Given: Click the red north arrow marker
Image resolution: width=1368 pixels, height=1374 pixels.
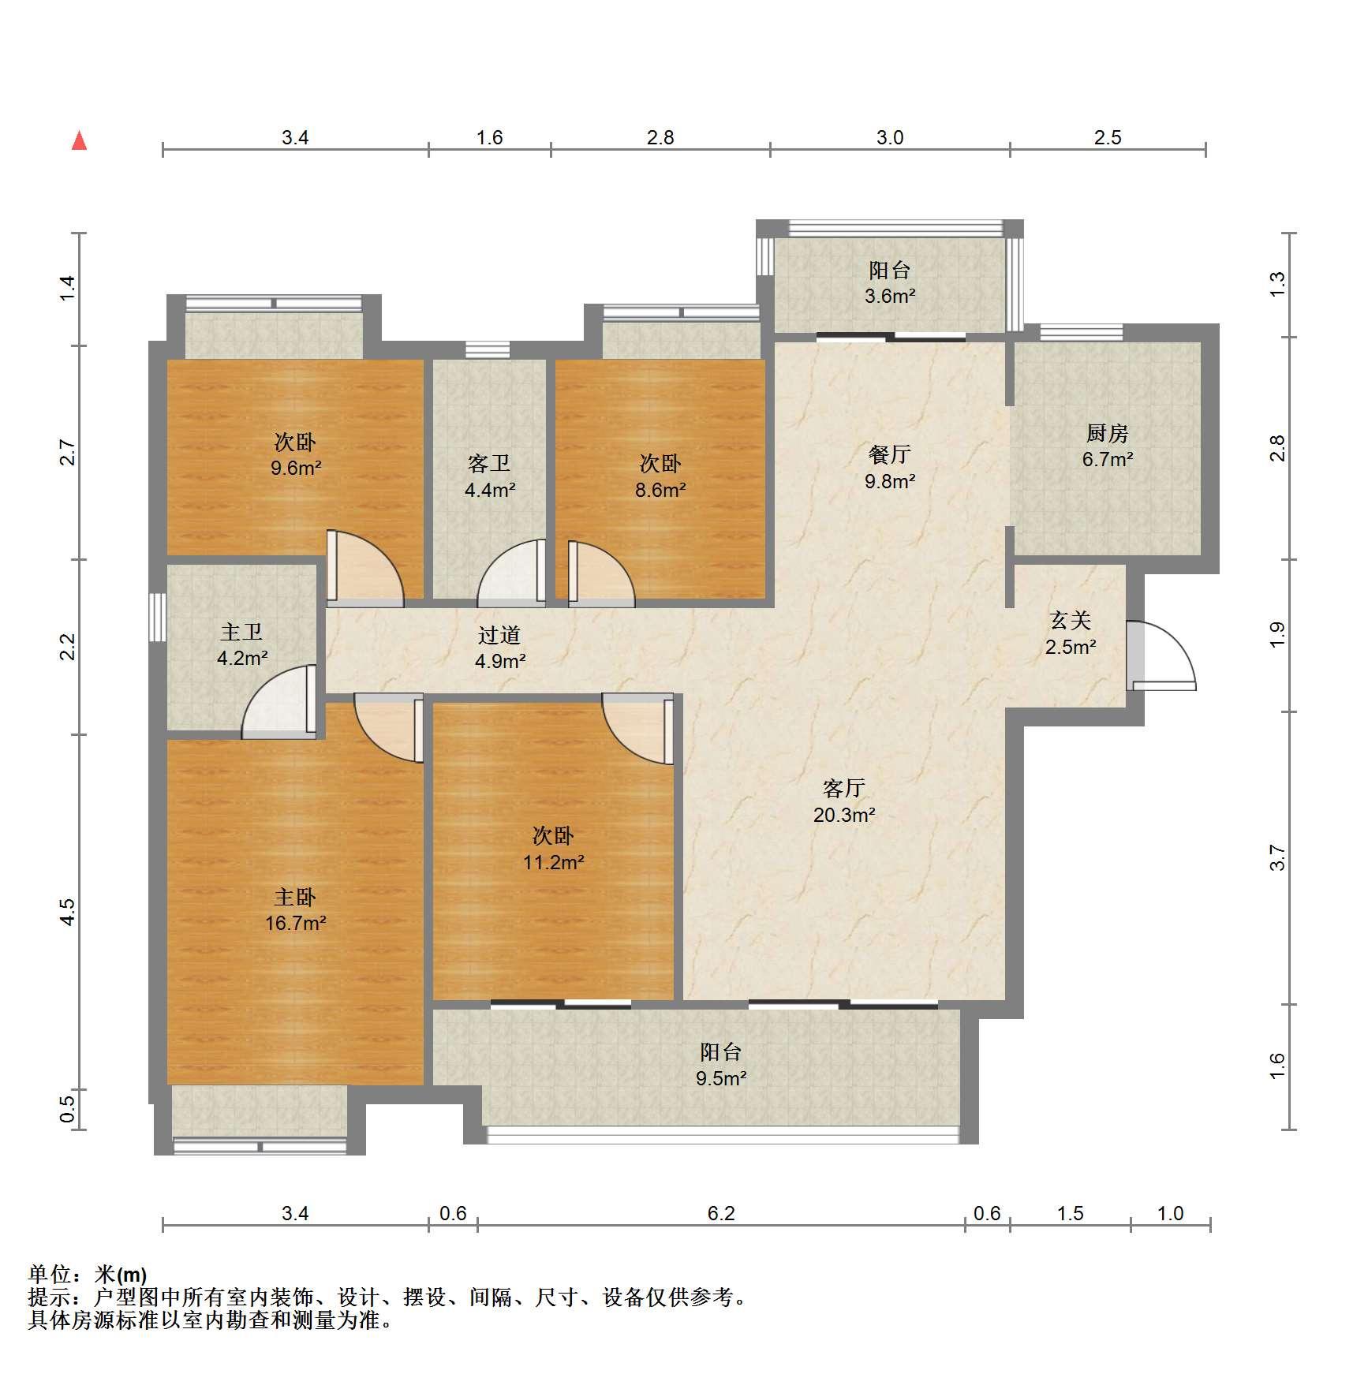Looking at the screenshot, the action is point(79,140).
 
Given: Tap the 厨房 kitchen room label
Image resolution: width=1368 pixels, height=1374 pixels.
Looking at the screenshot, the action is point(1107,433).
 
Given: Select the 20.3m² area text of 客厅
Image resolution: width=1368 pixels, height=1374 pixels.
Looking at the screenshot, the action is point(844,815).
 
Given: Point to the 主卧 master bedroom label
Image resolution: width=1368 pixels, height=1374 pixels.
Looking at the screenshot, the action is point(295,897).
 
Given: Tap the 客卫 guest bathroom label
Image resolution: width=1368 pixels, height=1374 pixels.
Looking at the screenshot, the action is point(489,463).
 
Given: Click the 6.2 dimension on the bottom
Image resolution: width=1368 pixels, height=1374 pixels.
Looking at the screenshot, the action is point(721,1213).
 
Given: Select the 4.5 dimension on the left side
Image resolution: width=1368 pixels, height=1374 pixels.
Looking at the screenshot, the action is point(68,912).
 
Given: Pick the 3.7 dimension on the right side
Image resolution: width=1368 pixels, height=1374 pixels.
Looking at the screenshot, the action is point(1277,857).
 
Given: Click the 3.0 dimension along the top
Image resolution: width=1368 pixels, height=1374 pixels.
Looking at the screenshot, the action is point(890,137).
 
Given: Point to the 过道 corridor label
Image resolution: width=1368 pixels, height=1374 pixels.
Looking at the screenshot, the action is point(499,635).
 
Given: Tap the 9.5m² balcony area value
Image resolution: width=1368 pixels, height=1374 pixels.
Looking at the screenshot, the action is point(721,1078).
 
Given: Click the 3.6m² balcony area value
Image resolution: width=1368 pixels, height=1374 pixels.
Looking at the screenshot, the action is point(890,297).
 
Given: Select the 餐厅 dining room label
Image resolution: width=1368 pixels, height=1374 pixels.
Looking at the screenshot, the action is point(890,454).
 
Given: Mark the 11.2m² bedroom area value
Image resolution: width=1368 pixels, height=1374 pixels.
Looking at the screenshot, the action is point(554,862).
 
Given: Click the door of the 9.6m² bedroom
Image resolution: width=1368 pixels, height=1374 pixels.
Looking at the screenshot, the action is point(365,568).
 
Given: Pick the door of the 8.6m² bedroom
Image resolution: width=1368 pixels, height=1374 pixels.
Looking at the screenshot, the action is point(601,573).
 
